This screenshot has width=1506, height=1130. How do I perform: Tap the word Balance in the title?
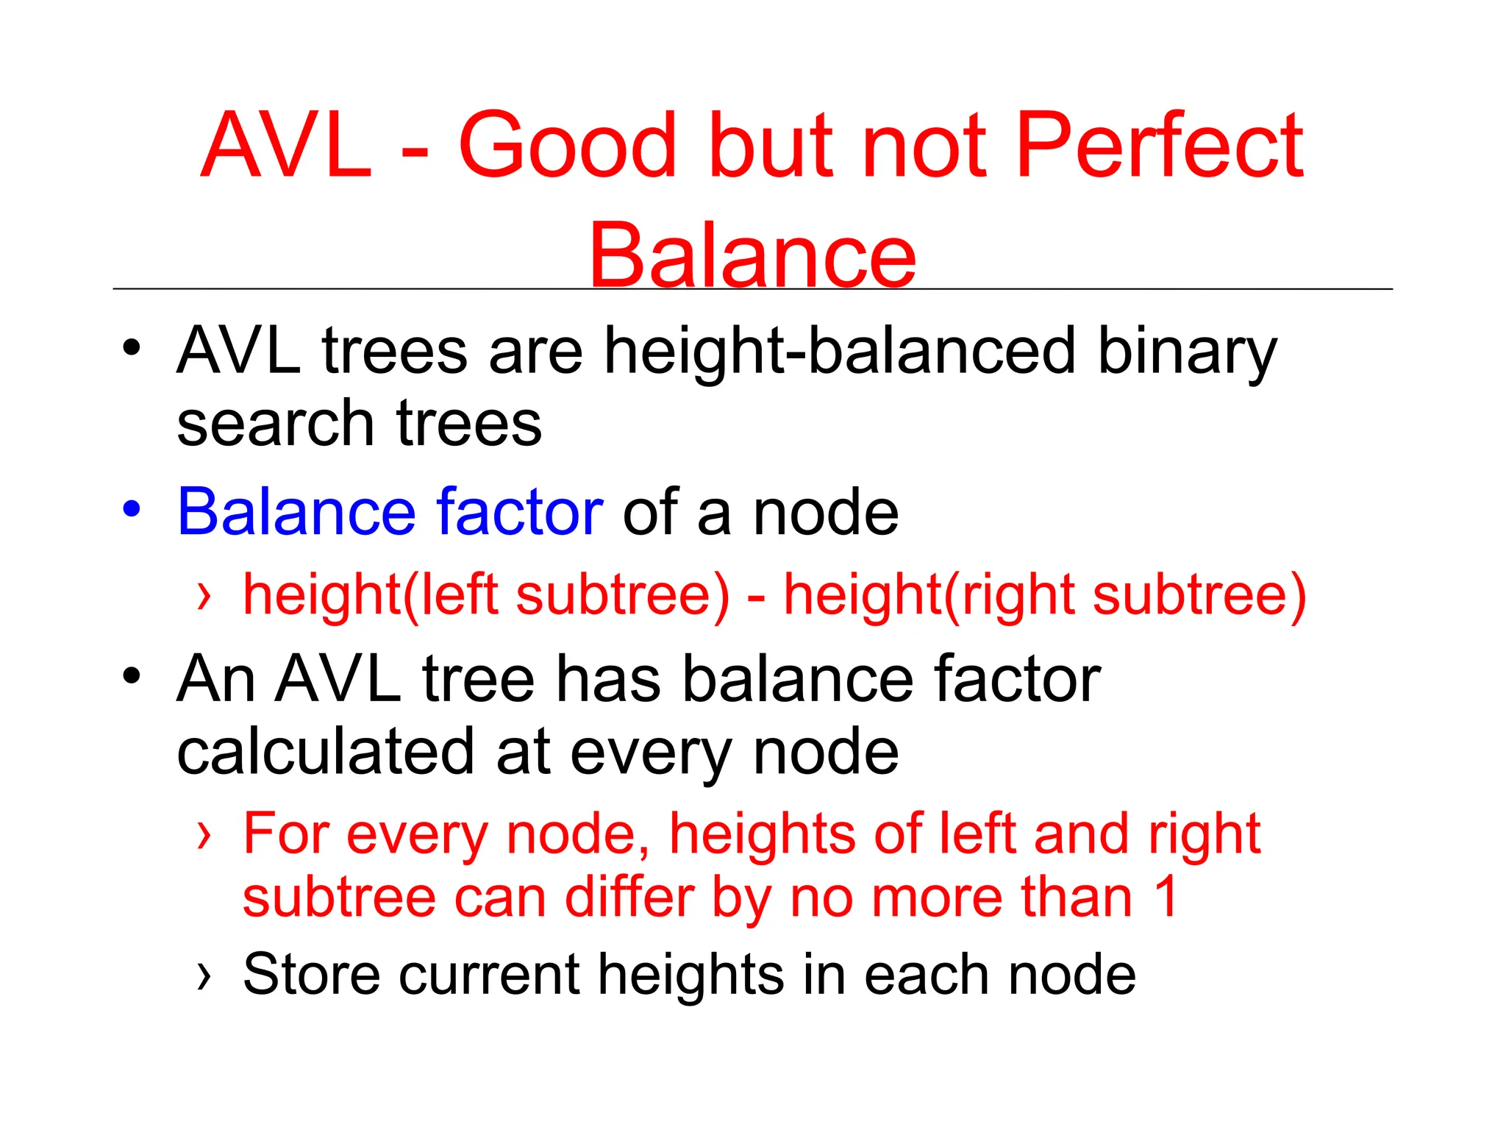pyautogui.click(x=752, y=255)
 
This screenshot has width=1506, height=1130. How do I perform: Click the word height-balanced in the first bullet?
pyautogui.click(x=840, y=352)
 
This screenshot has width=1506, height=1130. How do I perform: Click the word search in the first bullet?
pyautogui.click(x=276, y=424)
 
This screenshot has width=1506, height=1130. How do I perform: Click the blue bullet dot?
pyautogui.click(x=131, y=509)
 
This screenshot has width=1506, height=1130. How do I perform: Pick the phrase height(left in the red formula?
pyautogui.click(x=371, y=594)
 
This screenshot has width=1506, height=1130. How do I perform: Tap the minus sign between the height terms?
pyautogui.click(x=756, y=597)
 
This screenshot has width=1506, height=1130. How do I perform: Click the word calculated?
pyautogui.click(x=326, y=752)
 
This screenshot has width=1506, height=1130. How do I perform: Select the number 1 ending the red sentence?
pyautogui.click(x=1166, y=898)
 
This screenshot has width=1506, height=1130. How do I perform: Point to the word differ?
pyautogui.click(x=629, y=898)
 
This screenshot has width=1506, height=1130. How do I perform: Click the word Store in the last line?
pyautogui.click(x=310, y=975)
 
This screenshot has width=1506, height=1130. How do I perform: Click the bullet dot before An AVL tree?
pyautogui.click(x=131, y=675)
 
